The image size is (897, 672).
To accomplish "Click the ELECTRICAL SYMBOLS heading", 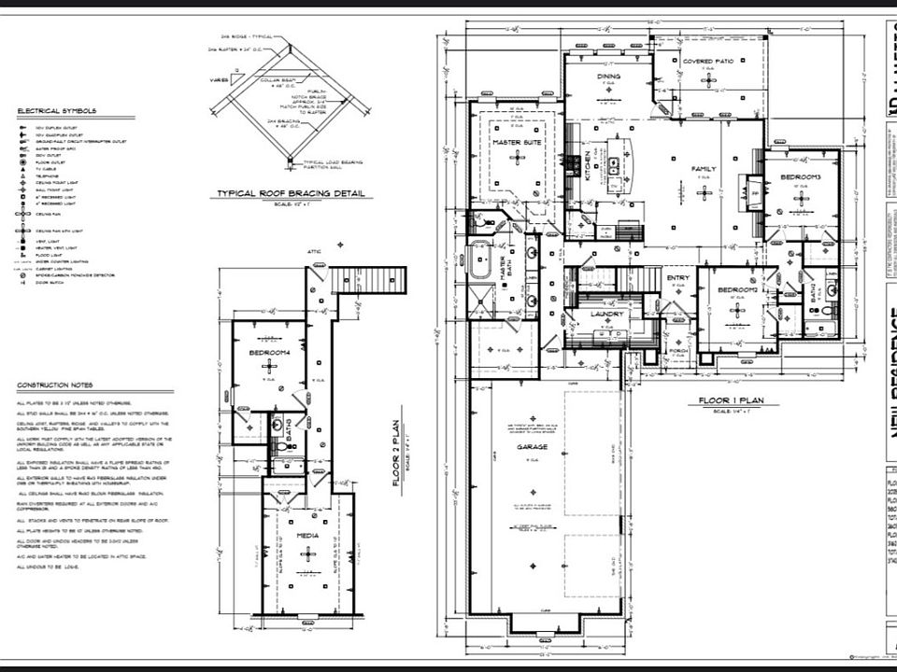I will [56, 110].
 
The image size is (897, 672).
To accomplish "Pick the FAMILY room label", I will [704, 169].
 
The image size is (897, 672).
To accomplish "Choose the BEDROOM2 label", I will [736, 290].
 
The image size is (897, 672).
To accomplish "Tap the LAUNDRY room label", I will [608, 314].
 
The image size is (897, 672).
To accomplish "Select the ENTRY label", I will [677, 278].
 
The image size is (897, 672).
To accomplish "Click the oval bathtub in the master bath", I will [479, 259].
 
